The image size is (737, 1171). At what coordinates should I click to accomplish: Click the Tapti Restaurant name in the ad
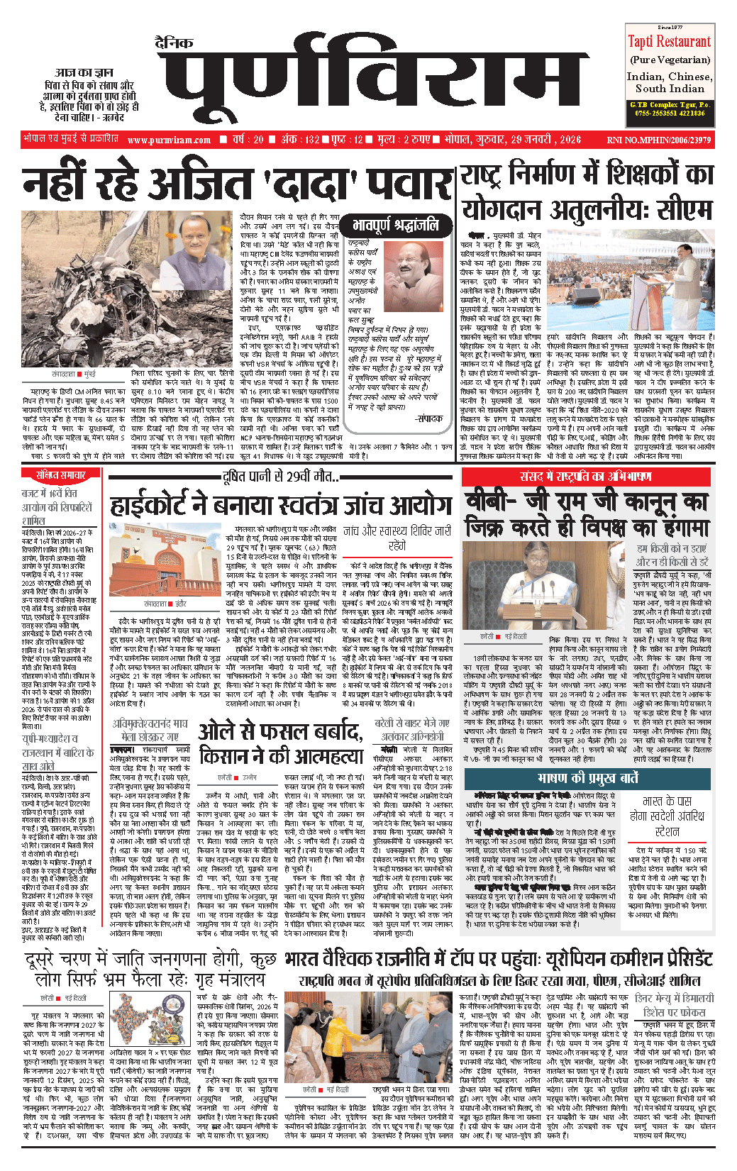pyautogui.click(x=669, y=42)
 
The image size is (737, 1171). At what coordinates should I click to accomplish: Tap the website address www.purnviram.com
pyautogui.click(x=170, y=140)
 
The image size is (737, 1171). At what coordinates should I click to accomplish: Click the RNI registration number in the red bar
pyautogui.click(x=658, y=140)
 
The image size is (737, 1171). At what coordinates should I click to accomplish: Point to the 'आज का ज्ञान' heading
pyautogui.click(x=84, y=72)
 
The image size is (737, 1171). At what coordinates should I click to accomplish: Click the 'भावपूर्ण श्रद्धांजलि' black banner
pyautogui.click(x=395, y=226)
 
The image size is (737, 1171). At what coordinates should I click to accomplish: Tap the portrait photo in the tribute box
pyautogui.click(x=413, y=276)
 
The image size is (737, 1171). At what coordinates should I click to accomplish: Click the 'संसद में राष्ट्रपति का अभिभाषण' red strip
pyautogui.click(x=586, y=477)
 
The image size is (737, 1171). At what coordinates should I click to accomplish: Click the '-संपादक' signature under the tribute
pyautogui.click(x=426, y=419)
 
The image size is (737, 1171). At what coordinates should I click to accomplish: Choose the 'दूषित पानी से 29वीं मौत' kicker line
pyautogui.click(x=281, y=477)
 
